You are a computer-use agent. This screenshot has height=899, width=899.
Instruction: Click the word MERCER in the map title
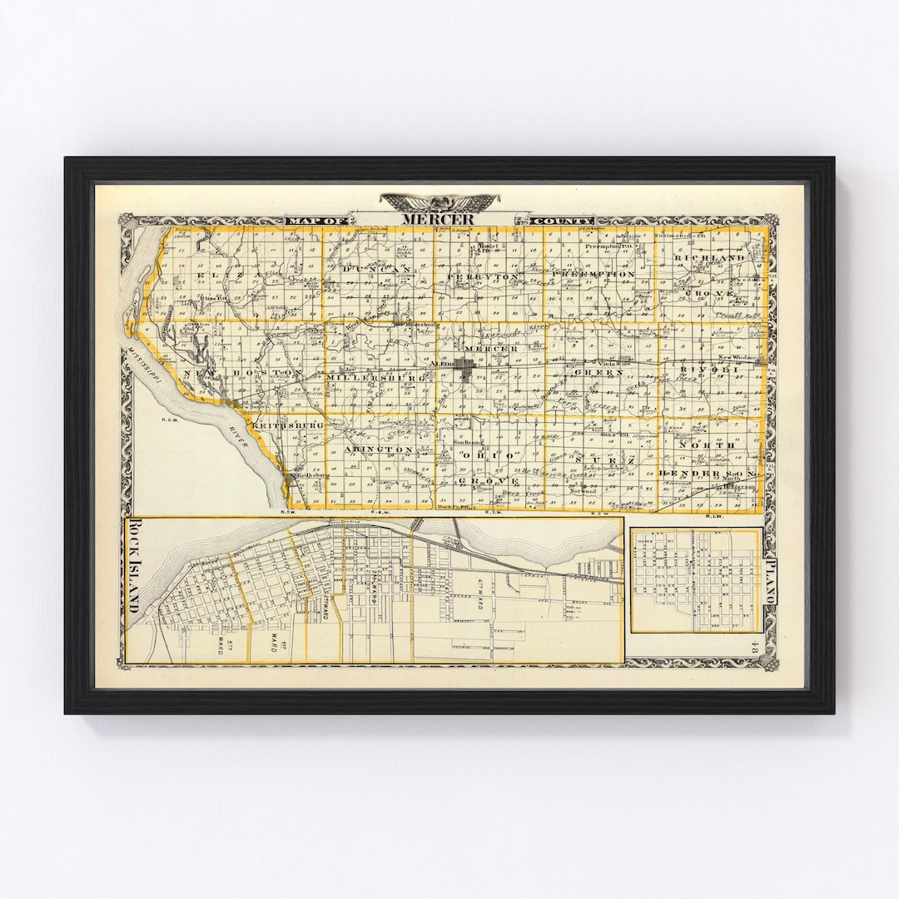(x=438, y=219)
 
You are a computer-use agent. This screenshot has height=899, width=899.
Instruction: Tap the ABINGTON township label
(x=379, y=449)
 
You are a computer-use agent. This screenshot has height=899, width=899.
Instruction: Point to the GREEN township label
(x=608, y=373)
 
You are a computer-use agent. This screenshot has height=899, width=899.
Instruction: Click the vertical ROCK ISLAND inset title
(x=134, y=566)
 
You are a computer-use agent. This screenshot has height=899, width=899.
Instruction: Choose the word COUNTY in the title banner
(x=552, y=221)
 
